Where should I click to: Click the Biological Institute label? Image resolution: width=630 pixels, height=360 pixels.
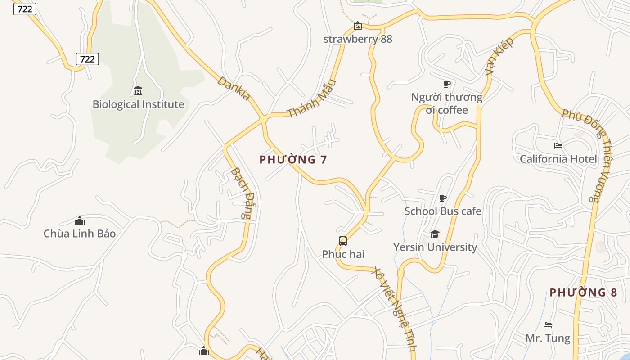point(138,104)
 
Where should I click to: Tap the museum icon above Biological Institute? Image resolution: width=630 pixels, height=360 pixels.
point(138,91)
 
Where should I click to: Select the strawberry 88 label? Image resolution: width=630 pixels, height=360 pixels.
point(358,39)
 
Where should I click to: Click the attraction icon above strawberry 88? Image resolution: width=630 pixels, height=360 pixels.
point(358,26)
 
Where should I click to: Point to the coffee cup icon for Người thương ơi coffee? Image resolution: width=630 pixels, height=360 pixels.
point(446,84)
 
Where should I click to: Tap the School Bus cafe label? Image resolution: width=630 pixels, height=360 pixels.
point(443,211)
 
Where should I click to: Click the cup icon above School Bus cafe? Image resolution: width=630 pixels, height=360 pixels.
point(443,198)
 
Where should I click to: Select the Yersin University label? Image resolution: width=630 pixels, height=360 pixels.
point(435,247)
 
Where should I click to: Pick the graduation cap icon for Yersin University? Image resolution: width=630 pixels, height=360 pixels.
point(435,234)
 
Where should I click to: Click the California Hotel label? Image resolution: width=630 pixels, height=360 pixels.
point(558,159)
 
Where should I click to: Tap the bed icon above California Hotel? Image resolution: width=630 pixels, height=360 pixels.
point(558,146)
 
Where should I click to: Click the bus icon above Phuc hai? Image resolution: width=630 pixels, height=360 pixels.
point(343,241)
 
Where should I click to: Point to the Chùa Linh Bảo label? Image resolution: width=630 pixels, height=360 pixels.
point(80,234)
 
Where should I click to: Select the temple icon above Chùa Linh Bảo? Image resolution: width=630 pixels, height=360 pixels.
point(80,220)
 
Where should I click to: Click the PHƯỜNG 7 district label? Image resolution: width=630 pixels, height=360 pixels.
point(293,160)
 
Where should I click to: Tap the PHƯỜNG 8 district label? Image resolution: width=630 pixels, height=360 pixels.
point(583,292)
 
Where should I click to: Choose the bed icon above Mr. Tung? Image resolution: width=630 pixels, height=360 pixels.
point(548,325)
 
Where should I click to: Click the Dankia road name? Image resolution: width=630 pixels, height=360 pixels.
point(234,88)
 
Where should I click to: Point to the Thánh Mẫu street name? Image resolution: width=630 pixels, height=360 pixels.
point(312,99)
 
